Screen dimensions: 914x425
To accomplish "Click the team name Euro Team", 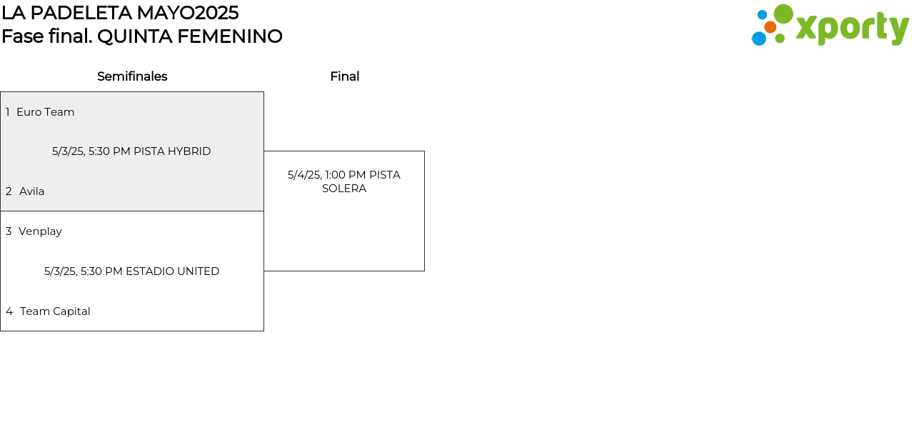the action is (45, 112).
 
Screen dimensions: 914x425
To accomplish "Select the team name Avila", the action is (32, 191).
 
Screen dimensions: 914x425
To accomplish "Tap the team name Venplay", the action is (40, 231).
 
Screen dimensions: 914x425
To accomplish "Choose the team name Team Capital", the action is (55, 311).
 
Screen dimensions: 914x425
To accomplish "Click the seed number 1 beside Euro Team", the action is (7, 112).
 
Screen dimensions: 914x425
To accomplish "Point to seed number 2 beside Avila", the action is (9, 191).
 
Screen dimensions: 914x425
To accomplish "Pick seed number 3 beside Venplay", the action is (9, 231).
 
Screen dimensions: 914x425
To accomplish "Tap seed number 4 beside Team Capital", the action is (9, 311).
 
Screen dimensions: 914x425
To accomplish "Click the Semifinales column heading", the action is (132, 76).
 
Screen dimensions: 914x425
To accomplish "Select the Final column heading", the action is (345, 76).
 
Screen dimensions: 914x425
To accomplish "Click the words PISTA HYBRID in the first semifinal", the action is (172, 151).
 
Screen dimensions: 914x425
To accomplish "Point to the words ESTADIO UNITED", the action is (173, 271).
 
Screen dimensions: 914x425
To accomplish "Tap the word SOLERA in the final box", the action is (344, 189).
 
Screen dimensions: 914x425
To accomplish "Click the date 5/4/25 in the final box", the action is (304, 175).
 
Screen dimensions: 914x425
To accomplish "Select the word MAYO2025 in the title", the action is (188, 13).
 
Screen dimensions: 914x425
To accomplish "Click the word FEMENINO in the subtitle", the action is (230, 36).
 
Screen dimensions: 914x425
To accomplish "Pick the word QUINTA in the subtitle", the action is (135, 36).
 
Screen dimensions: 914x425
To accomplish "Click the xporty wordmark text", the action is (853, 28).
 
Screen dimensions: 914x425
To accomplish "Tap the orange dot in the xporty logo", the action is (770, 27).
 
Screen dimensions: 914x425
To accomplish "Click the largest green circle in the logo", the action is (783, 14).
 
